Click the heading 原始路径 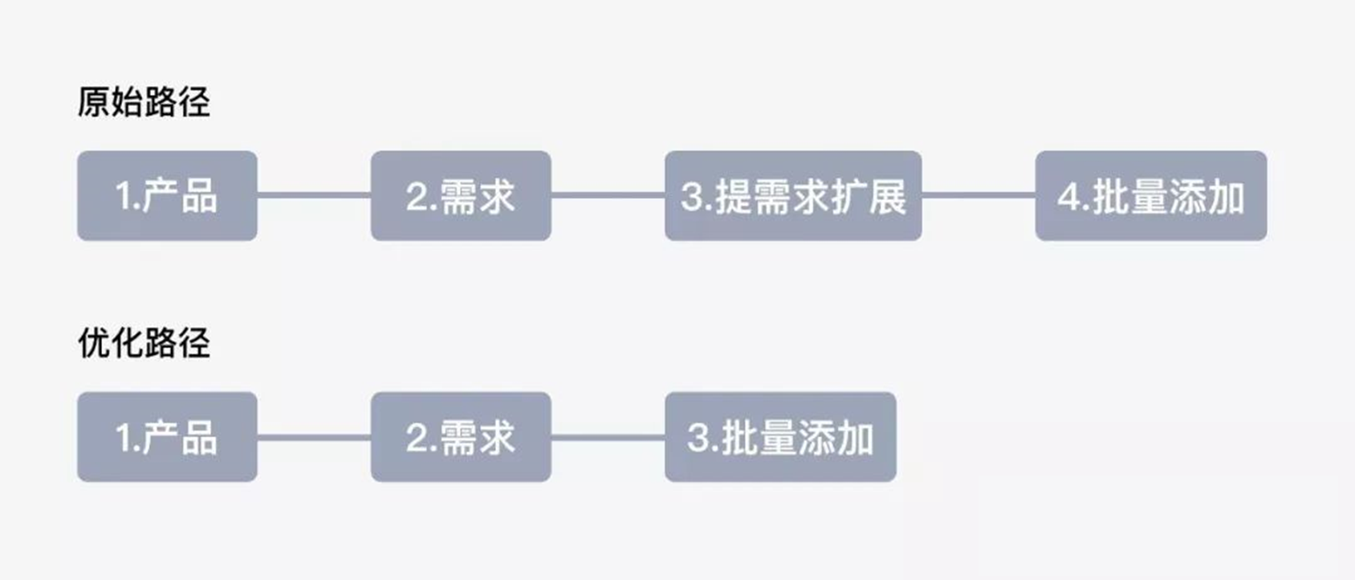tap(144, 102)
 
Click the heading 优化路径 tap(144, 343)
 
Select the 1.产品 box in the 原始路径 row tap(167, 196)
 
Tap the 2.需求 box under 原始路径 tap(461, 196)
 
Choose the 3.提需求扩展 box tap(793, 196)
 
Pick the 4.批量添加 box tap(1150, 196)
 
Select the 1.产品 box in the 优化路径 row tap(167, 437)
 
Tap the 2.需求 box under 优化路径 tap(461, 437)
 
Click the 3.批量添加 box tap(780, 437)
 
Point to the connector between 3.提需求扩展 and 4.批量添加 tap(979, 195)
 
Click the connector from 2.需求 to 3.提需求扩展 tap(608, 195)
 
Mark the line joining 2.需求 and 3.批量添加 tap(608, 437)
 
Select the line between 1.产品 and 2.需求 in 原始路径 tap(314, 195)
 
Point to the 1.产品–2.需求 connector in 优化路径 tap(314, 437)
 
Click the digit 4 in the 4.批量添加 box tap(1068, 197)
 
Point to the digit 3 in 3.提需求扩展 tap(691, 197)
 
